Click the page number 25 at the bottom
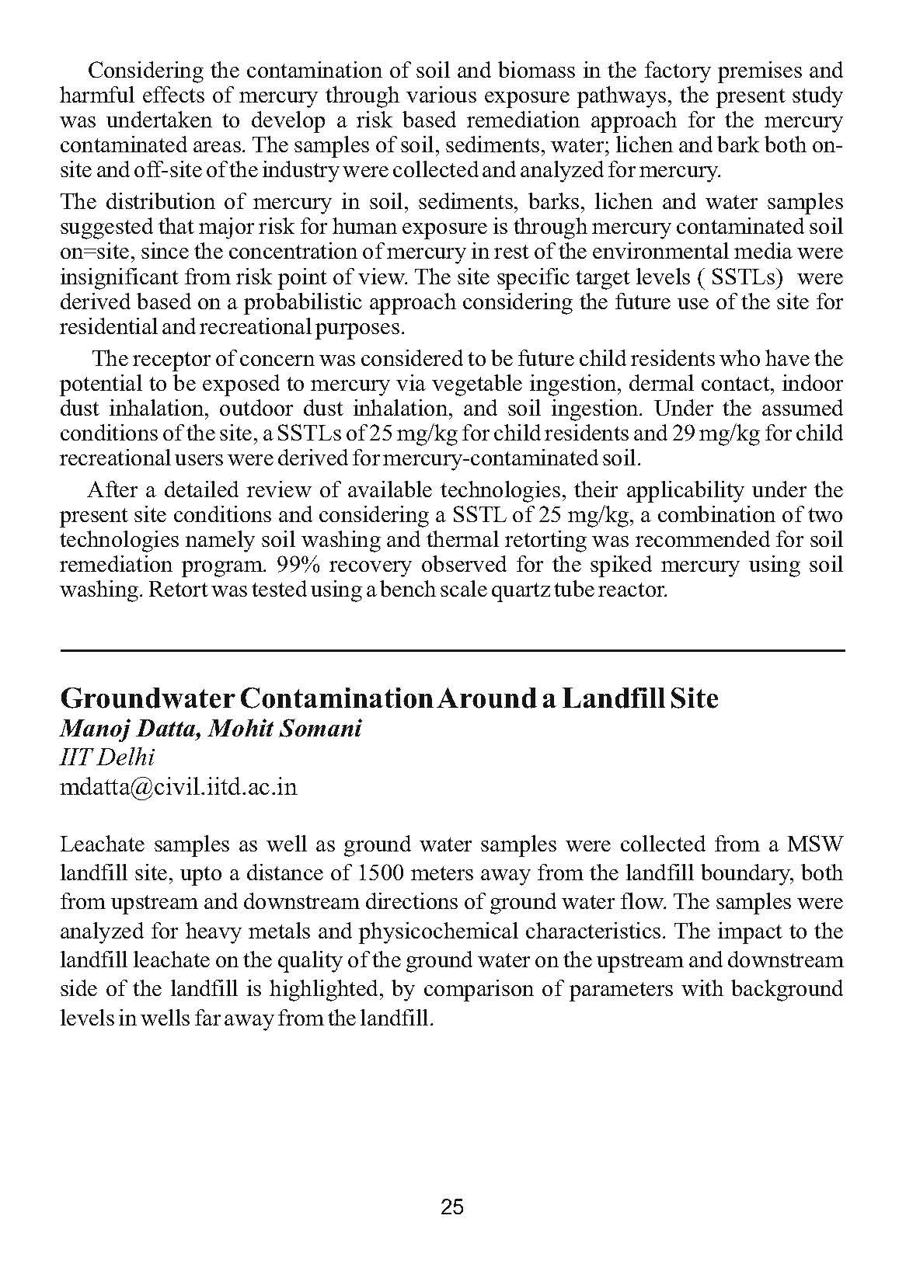pos(452,1207)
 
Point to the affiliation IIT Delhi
pos(107,757)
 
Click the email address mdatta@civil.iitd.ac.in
pos(179,786)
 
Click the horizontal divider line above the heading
pos(452,649)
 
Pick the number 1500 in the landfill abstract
pos(381,873)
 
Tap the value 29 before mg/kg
pos(684,434)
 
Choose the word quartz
pos(498,590)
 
